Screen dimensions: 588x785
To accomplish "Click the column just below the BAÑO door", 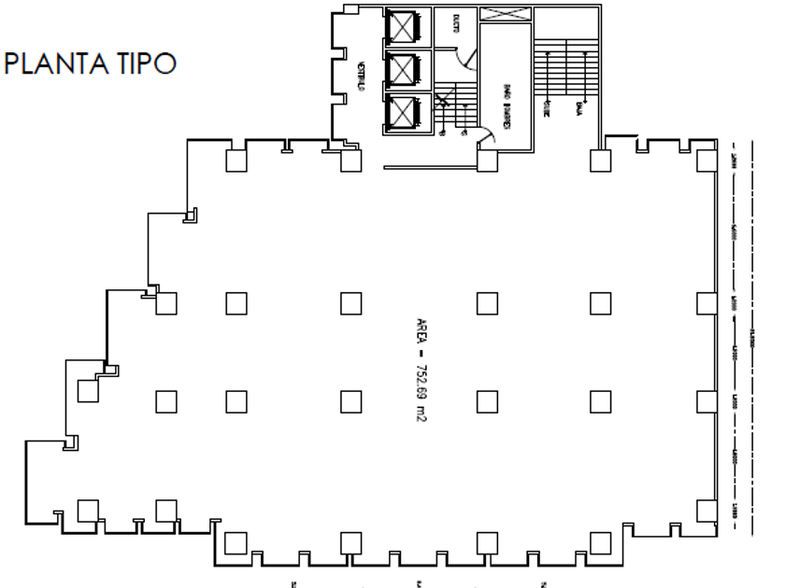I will coord(485,161).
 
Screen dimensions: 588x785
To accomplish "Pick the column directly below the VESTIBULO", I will coord(350,161).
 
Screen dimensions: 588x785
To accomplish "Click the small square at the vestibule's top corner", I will coord(350,9).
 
